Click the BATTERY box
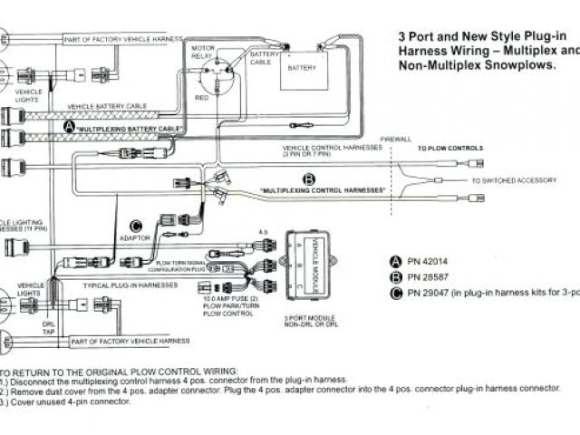click(302, 68)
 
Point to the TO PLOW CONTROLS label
click(449, 148)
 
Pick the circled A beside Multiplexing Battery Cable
click(70, 128)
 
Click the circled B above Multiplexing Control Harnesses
click(308, 179)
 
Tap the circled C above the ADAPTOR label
click(137, 226)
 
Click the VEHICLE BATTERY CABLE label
click(107, 107)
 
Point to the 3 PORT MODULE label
click(313, 318)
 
